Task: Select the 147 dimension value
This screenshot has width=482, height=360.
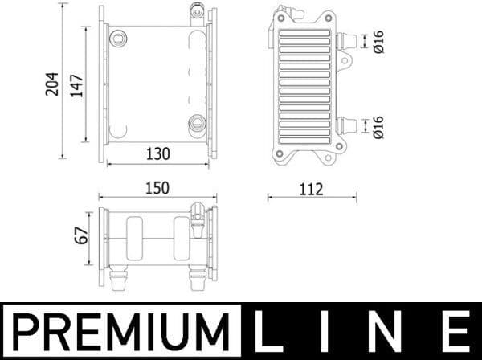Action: pyautogui.click(x=77, y=82)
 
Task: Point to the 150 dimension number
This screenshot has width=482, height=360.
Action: pyautogui.click(x=157, y=187)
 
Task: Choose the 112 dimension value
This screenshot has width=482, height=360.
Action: pyautogui.click(x=310, y=190)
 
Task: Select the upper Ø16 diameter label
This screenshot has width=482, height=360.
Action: pyautogui.click(x=378, y=42)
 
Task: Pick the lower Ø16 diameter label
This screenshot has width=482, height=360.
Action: pyautogui.click(x=378, y=126)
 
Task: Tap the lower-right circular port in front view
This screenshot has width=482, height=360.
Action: pyautogui.click(x=197, y=123)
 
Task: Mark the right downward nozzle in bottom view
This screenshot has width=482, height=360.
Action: pyautogui.click(x=195, y=279)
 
